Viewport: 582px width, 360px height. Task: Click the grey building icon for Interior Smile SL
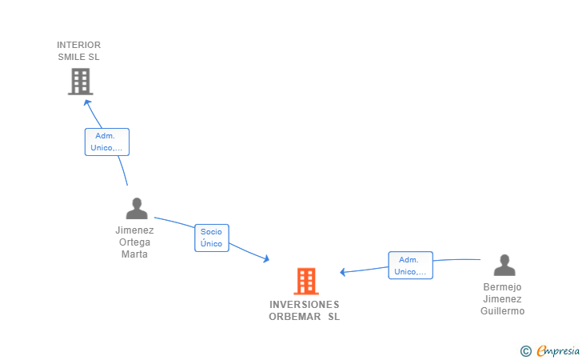click(80, 82)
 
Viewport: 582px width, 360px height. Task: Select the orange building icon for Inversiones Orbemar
click(306, 281)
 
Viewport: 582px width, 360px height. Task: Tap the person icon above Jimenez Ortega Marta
click(137, 209)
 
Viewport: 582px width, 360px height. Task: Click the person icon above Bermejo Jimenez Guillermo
click(504, 265)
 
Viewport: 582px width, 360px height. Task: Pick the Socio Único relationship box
click(212, 238)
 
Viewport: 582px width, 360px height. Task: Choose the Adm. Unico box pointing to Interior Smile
click(107, 142)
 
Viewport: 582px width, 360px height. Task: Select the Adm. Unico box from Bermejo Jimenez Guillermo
click(410, 266)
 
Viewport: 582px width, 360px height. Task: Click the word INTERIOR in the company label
click(79, 45)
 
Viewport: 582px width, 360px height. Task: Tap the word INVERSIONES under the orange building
click(305, 305)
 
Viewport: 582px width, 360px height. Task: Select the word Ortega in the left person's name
click(134, 242)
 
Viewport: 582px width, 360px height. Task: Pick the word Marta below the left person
click(134, 254)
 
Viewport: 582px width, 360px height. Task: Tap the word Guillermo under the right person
click(503, 311)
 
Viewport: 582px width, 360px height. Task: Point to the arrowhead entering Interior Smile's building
click(87, 102)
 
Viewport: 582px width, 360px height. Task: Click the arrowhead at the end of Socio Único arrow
click(266, 259)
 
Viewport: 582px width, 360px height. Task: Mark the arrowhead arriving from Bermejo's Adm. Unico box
click(342, 272)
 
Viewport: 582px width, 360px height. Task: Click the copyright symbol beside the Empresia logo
click(526, 350)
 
